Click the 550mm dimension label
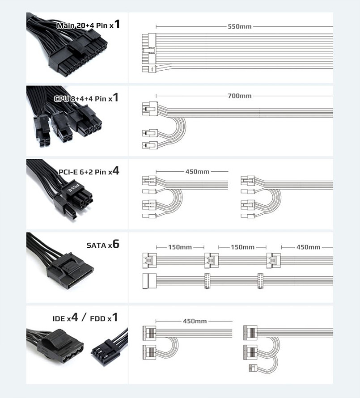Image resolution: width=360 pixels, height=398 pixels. (239, 26)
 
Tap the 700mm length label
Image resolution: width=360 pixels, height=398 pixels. (239, 96)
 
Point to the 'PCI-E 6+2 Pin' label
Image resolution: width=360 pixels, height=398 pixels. (83, 172)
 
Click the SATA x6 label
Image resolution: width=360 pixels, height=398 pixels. (103, 245)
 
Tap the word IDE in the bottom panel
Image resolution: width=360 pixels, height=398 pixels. (59, 318)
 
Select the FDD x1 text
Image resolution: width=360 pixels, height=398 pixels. (104, 318)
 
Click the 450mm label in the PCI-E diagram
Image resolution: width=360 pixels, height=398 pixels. (197, 172)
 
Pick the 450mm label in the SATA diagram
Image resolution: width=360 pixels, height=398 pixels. (308, 247)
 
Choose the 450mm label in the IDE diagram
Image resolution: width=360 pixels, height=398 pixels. (195, 321)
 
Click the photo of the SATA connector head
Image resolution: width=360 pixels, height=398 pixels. (70, 270)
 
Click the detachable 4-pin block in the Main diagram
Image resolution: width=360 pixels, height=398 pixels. (149, 69)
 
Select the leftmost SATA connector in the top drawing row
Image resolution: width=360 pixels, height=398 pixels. (149, 260)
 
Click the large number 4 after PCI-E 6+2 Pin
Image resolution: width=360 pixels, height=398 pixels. (115, 171)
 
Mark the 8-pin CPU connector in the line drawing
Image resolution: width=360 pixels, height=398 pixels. (150, 109)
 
